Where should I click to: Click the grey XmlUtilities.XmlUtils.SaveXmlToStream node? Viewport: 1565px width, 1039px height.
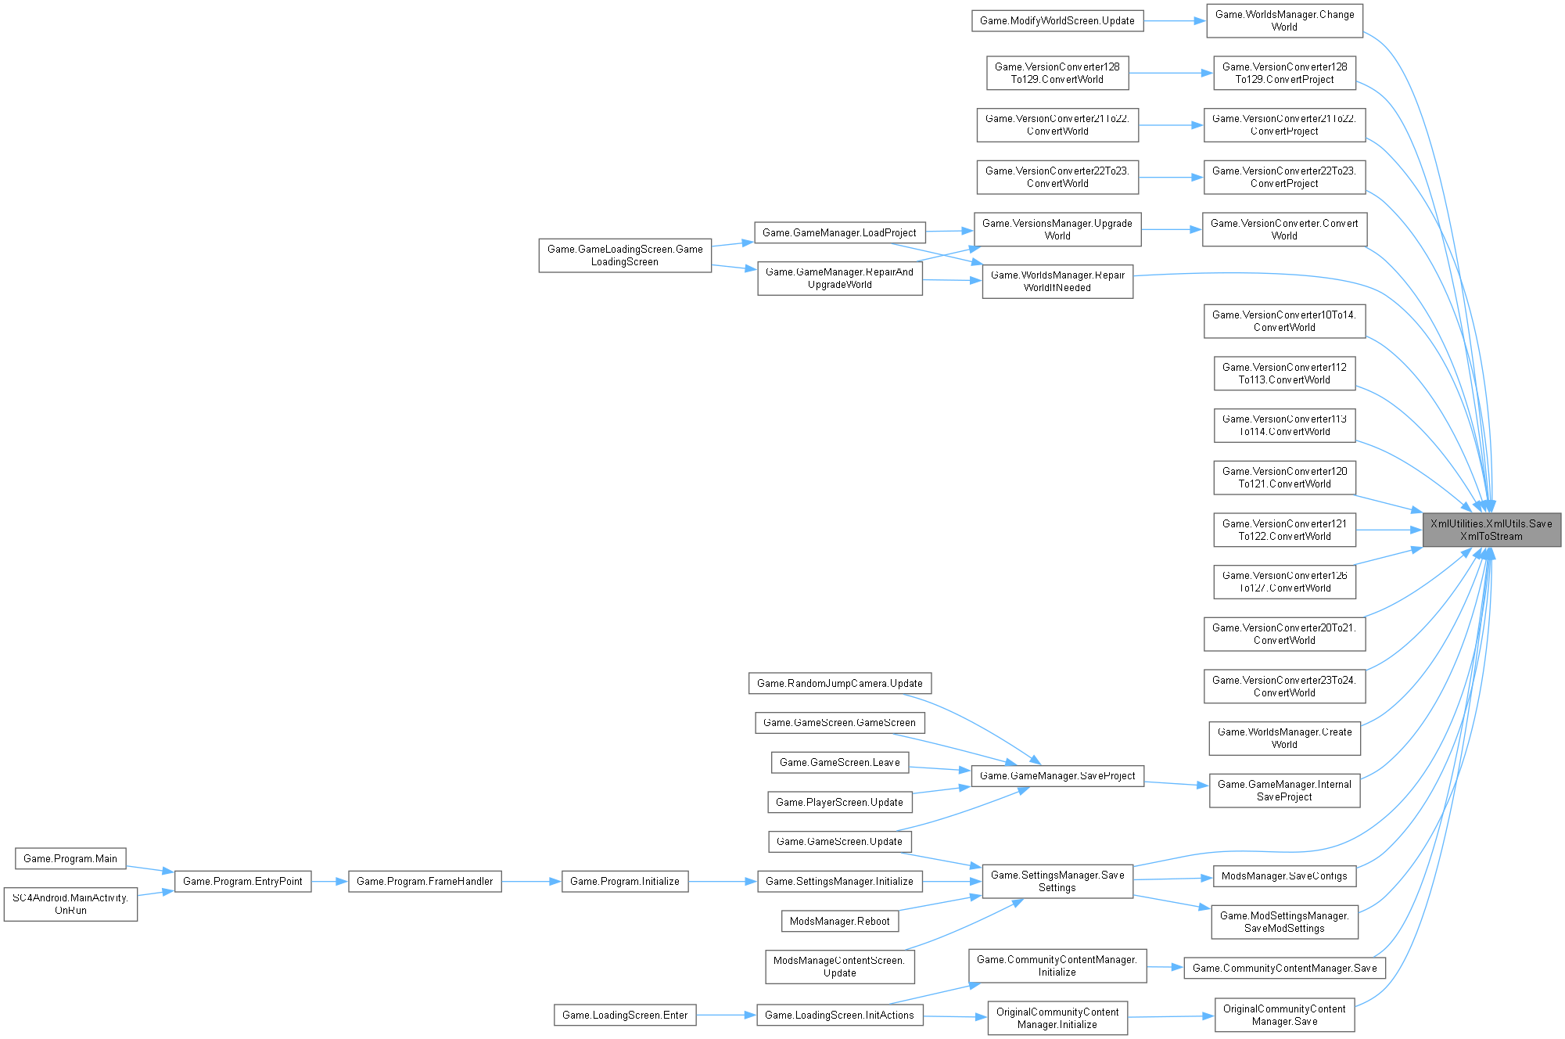(x=1491, y=530)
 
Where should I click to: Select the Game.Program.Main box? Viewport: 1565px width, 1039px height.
(x=70, y=858)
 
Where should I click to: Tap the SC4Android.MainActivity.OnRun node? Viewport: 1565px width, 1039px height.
(x=70, y=904)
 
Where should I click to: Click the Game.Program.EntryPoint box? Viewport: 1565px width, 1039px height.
(x=242, y=881)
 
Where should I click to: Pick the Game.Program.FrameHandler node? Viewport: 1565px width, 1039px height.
(x=425, y=881)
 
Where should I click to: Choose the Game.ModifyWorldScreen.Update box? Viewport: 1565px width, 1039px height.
(x=1057, y=20)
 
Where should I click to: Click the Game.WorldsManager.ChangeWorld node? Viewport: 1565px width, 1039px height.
(x=1284, y=20)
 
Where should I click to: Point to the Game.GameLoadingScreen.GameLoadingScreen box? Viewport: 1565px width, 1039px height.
(x=625, y=255)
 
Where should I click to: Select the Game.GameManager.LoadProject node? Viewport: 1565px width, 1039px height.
(x=839, y=232)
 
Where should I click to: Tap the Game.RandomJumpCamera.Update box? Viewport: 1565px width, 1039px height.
(x=839, y=683)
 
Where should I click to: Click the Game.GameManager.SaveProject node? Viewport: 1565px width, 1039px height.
(x=1057, y=775)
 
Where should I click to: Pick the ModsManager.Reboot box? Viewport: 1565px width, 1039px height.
(x=839, y=921)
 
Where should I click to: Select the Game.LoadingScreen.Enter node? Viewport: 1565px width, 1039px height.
(x=625, y=1015)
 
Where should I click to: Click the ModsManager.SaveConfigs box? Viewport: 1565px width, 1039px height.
(x=1284, y=875)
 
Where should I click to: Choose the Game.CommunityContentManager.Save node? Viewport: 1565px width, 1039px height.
(x=1284, y=968)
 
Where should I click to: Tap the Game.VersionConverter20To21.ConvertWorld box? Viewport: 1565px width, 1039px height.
(x=1284, y=634)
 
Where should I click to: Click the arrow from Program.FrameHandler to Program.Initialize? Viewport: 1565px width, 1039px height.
(x=531, y=881)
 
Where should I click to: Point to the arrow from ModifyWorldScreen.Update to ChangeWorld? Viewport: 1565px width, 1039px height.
(x=1174, y=20)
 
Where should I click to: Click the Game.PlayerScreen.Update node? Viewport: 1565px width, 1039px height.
(x=839, y=802)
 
